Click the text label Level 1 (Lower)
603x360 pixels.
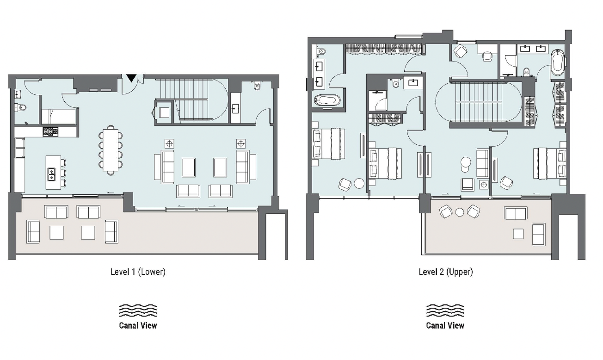[138, 272]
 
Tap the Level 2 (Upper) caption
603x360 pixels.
[446, 272]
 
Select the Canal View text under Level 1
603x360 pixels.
[138, 325]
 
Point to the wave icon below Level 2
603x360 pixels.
[445, 310]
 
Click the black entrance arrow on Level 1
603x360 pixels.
[131, 78]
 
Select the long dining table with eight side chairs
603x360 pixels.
[111, 150]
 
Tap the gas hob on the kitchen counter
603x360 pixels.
[50, 132]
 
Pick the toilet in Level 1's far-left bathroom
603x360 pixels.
[21, 108]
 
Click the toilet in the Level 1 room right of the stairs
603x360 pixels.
[257, 86]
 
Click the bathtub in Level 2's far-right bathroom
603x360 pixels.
[557, 63]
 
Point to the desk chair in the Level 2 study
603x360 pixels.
[487, 56]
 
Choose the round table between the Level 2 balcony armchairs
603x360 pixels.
[460, 212]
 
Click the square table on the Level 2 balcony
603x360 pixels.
[518, 234]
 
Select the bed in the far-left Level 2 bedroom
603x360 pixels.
[329, 143]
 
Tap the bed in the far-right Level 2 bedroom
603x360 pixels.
[549, 163]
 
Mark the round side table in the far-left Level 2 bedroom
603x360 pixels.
[359, 184]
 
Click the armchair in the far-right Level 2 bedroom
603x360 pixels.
[506, 182]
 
